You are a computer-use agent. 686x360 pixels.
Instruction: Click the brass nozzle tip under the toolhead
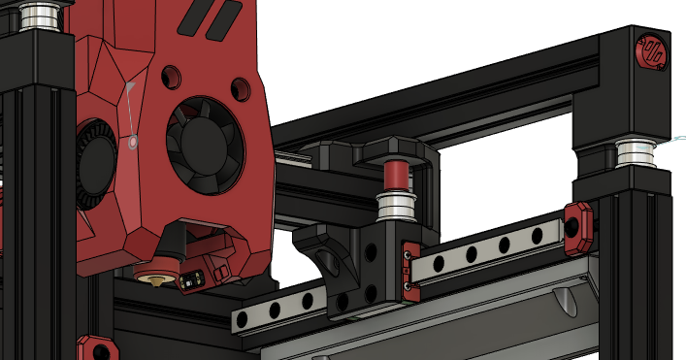click(154, 278)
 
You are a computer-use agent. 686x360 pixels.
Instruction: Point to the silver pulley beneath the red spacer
click(396, 203)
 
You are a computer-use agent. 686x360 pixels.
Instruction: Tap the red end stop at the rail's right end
click(578, 222)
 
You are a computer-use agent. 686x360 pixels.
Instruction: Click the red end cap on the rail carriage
click(407, 267)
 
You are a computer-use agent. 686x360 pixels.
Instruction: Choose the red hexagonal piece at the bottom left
click(95, 348)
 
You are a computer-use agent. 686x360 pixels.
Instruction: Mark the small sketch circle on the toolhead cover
click(134, 143)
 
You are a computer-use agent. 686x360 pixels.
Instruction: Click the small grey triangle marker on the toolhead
click(128, 87)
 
